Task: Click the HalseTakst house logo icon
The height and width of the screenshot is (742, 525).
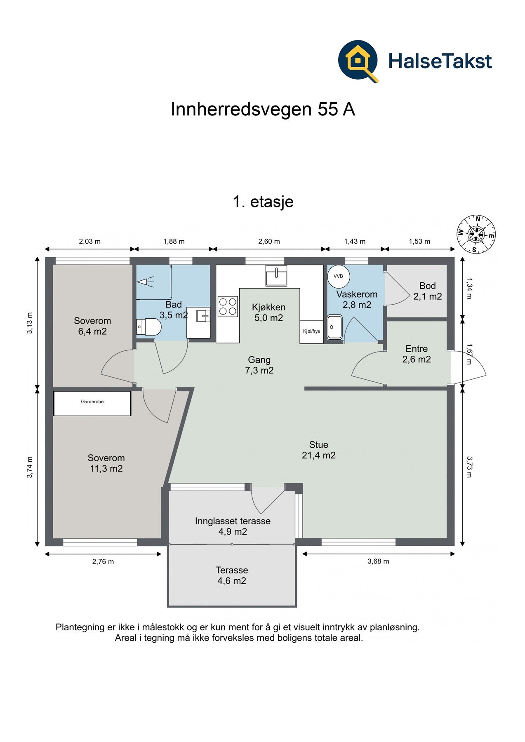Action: coord(358,61)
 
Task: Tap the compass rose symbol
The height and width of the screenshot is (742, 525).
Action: coord(476,234)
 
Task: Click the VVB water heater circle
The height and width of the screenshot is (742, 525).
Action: coord(339,276)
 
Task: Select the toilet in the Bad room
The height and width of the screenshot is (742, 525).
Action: coord(148,328)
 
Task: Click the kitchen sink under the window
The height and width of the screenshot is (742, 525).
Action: coord(276,276)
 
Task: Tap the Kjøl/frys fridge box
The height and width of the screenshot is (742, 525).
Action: coord(311,331)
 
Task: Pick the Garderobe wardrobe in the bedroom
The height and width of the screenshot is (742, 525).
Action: coord(92,403)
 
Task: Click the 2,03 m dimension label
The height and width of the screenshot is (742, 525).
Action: coord(90,242)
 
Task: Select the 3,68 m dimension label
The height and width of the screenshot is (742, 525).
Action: coord(378,561)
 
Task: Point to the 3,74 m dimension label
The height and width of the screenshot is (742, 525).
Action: coord(30,467)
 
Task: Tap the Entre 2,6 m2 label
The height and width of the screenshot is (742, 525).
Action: coord(417,354)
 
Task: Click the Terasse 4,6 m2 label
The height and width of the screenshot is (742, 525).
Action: coord(232,575)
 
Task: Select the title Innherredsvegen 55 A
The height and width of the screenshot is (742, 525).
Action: coord(263,109)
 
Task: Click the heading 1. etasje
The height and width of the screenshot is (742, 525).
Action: coord(263,202)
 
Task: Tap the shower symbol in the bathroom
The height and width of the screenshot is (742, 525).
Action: coord(146,282)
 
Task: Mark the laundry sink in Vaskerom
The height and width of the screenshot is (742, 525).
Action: coord(335,327)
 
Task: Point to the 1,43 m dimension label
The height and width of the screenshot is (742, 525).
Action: coord(355,242)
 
